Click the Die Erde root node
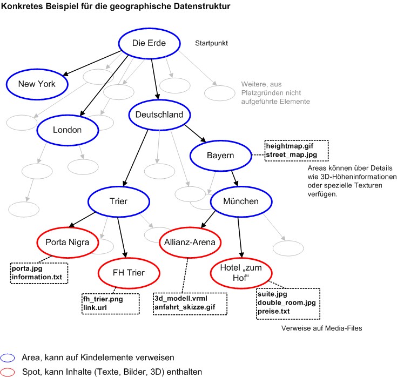(149, 43)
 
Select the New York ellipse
(36, 84)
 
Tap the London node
(67, 130)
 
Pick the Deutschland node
(159, 115)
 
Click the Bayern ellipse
(220, 156)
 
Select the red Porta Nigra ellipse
(68, 241)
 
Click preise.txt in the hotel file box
(275, 312)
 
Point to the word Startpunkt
(212, 44)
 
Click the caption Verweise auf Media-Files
(321, 328)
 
